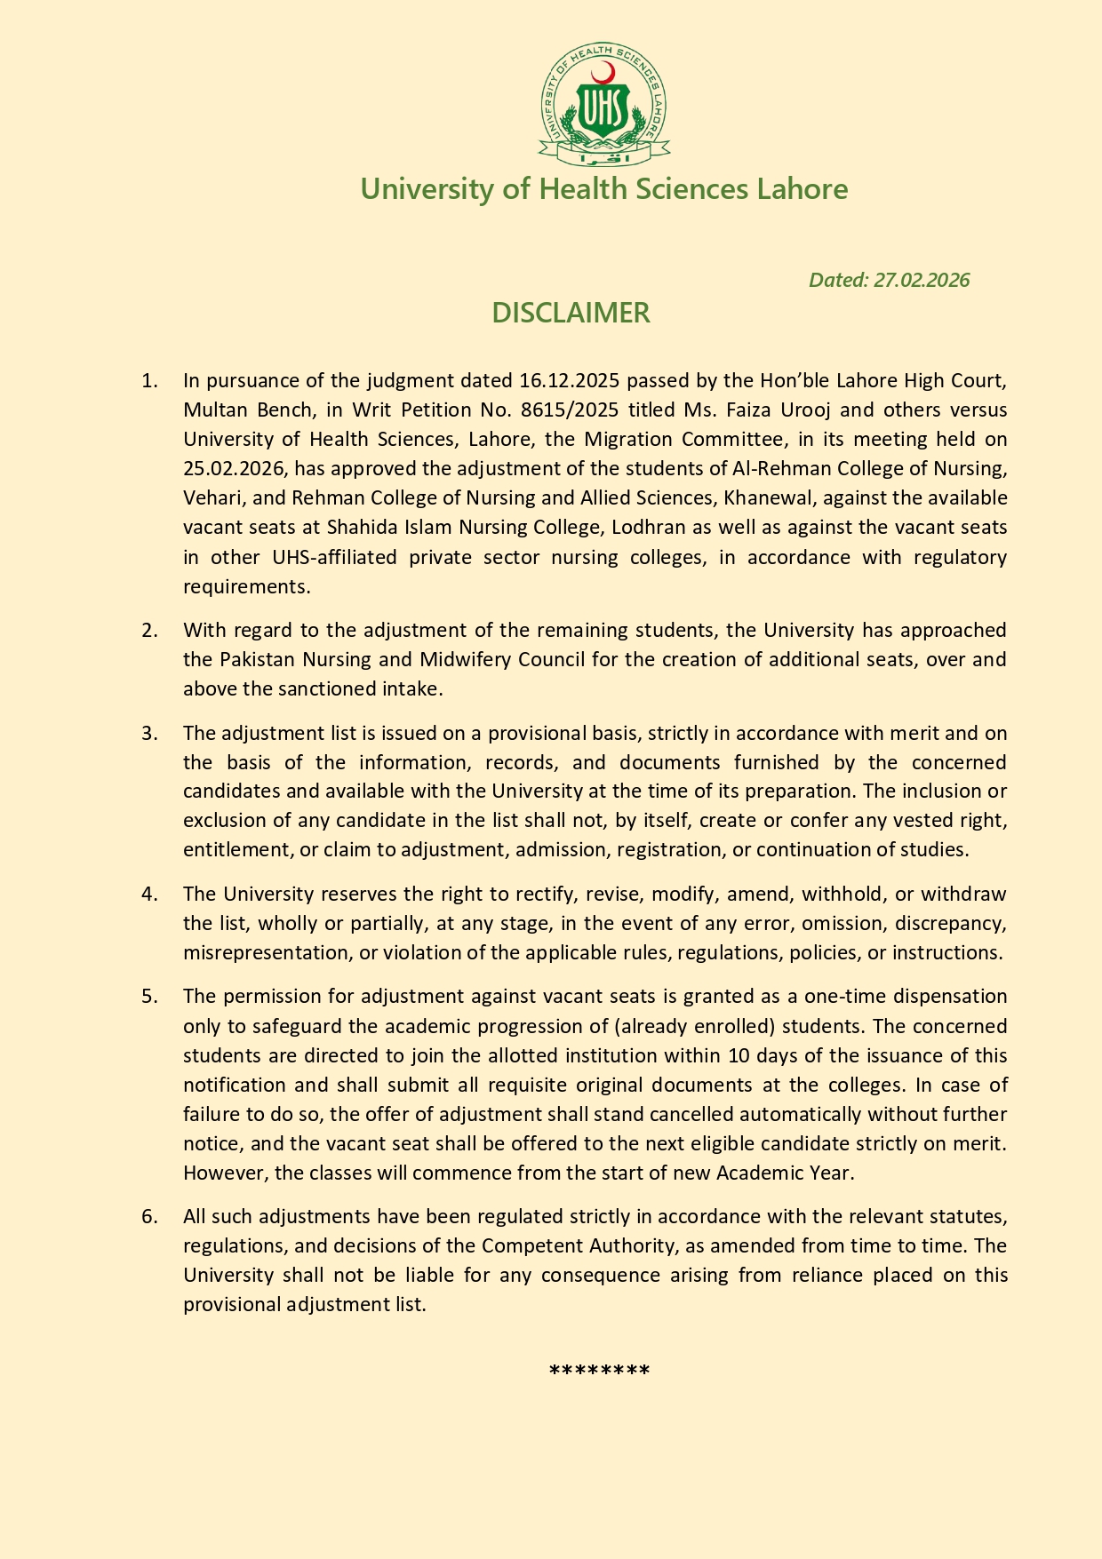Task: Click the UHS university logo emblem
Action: pyautogui.click(x=604, y=105)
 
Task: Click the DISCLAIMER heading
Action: pyautogui.click(x=571, y=313)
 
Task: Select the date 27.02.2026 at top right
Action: pyautogui.click(x=922, y=280)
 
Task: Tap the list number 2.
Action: pyautogui.click(x=149, y=631)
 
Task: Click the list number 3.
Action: pyautogui.click(x=149, y=734)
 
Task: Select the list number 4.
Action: pyautogui.click(x=149, y=895)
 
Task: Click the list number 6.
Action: pyautogui.click(x=149, y=1216)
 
